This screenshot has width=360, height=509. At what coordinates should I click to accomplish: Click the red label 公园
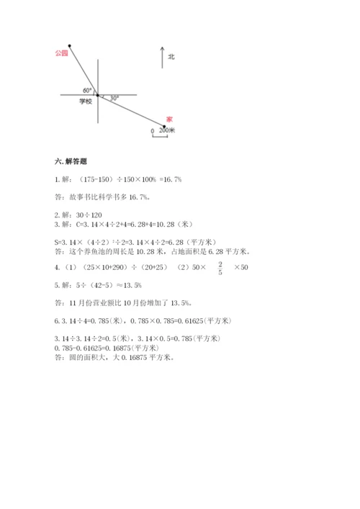(60, 53)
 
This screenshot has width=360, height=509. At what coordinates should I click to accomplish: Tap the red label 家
(168, 119)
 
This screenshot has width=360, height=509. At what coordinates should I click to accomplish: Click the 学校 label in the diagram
(86, 102)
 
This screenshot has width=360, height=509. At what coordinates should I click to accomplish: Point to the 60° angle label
(87, 90)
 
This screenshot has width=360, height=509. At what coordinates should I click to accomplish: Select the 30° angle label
(114, 97)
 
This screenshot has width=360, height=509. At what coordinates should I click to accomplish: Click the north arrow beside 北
(163, 57)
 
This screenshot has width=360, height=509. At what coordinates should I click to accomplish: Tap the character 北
(171, 56)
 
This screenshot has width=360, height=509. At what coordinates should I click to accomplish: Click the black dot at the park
(69, 45)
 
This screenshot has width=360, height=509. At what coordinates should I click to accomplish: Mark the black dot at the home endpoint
(164, 127)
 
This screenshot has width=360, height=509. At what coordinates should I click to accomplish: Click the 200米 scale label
(169, 131)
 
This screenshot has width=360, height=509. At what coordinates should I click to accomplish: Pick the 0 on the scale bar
(152, 131)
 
